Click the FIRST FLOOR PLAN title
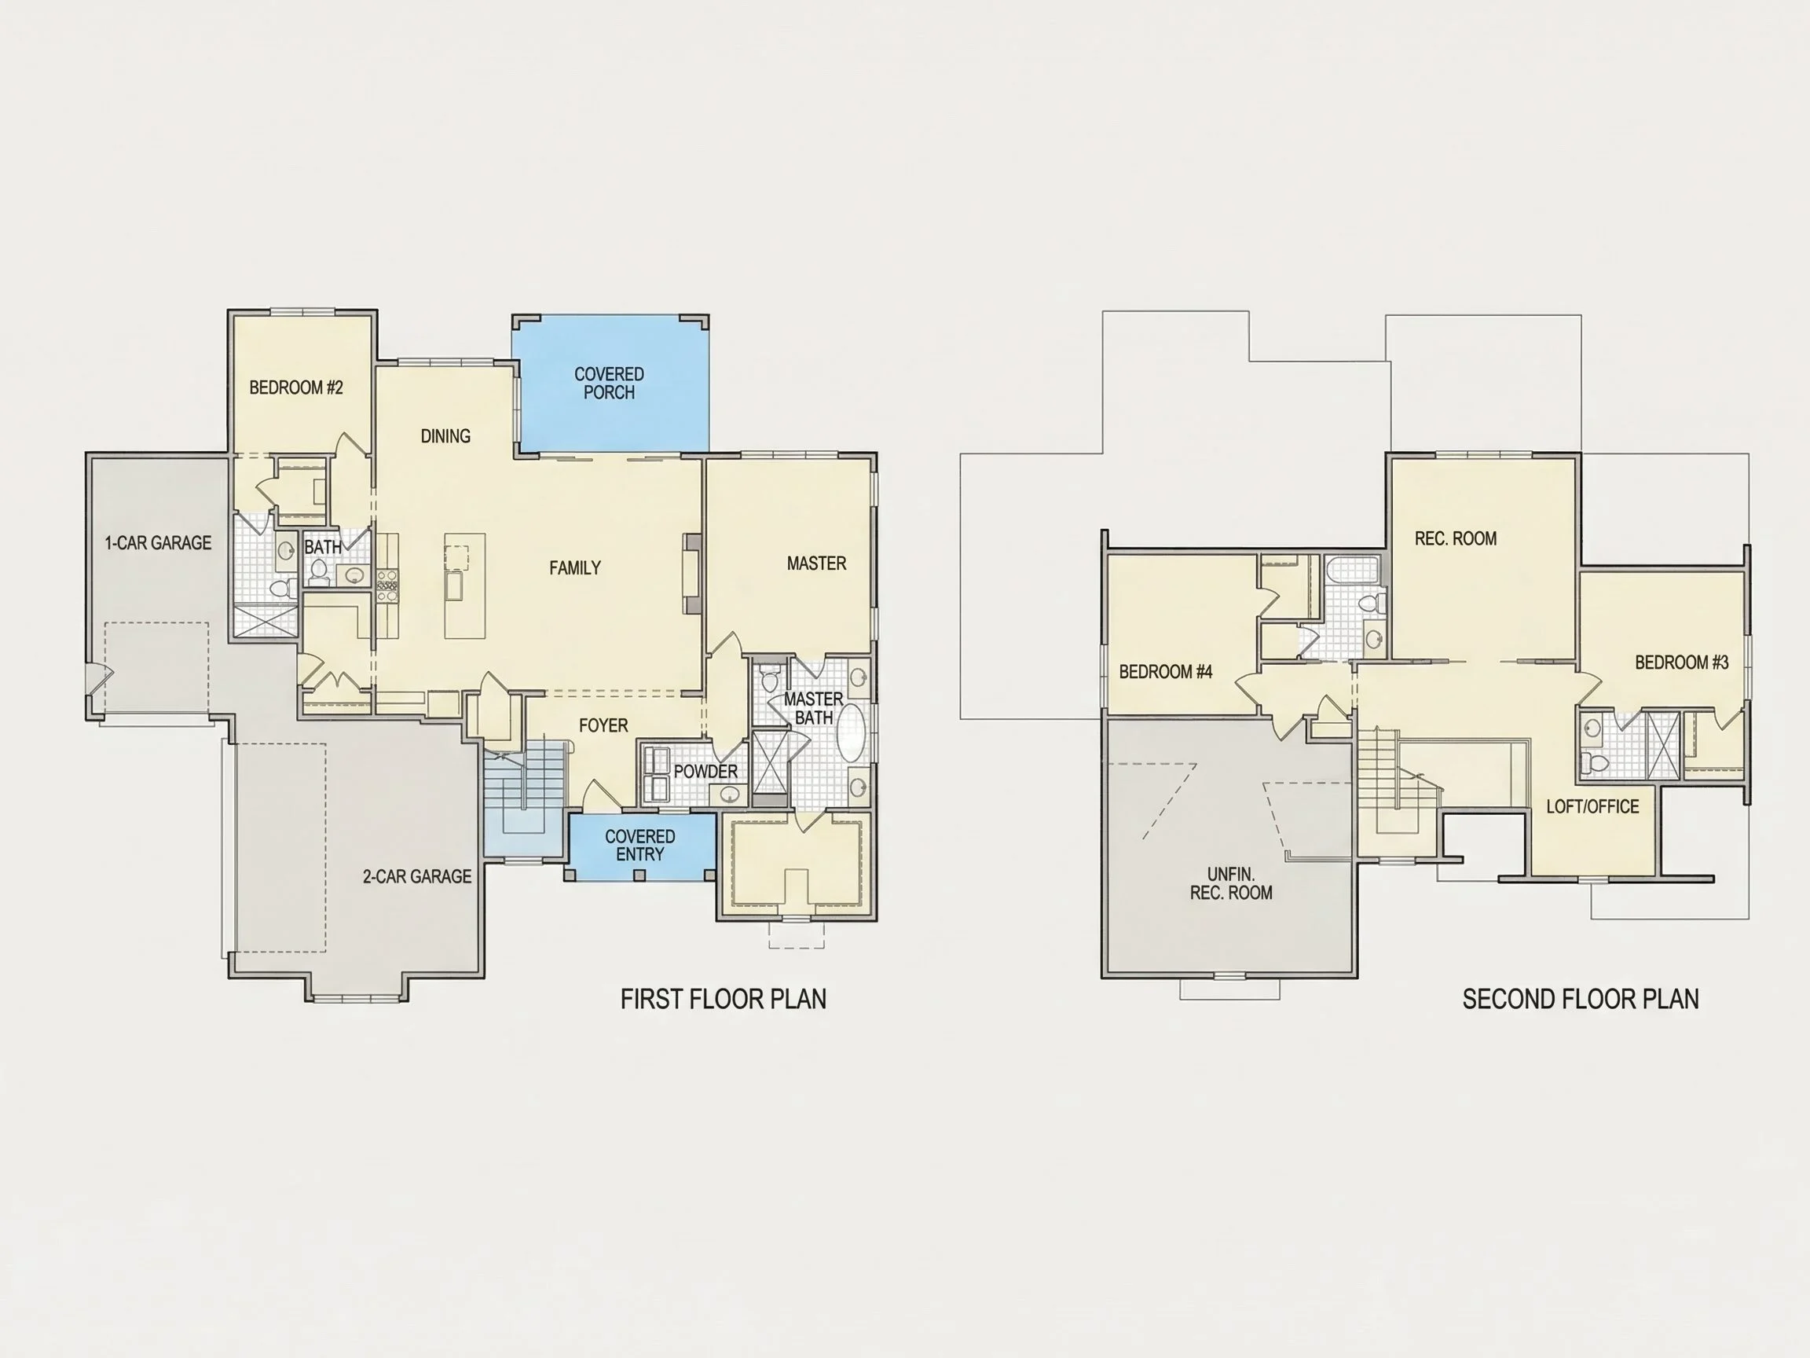(x=724, y=999)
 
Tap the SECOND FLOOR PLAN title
(x=1580, y=999)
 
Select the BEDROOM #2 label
(x=296, y=387)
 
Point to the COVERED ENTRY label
(x=640, y=845)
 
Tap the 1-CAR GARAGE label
(x=158, y=543)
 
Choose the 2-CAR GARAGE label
(x=417, y=876)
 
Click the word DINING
(x=445, y=436)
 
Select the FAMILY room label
(x=574, y=567)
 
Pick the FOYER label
(x=603, y=725)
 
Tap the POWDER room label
(x=705, y=771)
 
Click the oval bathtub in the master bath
(x=851, y=732)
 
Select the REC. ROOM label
(x=1456, y=538)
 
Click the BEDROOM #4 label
(x=1165, y=671)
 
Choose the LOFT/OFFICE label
(x=1592, y=806)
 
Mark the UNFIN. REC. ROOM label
(x=1231, y=883)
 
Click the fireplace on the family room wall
(x=693, y=574)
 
